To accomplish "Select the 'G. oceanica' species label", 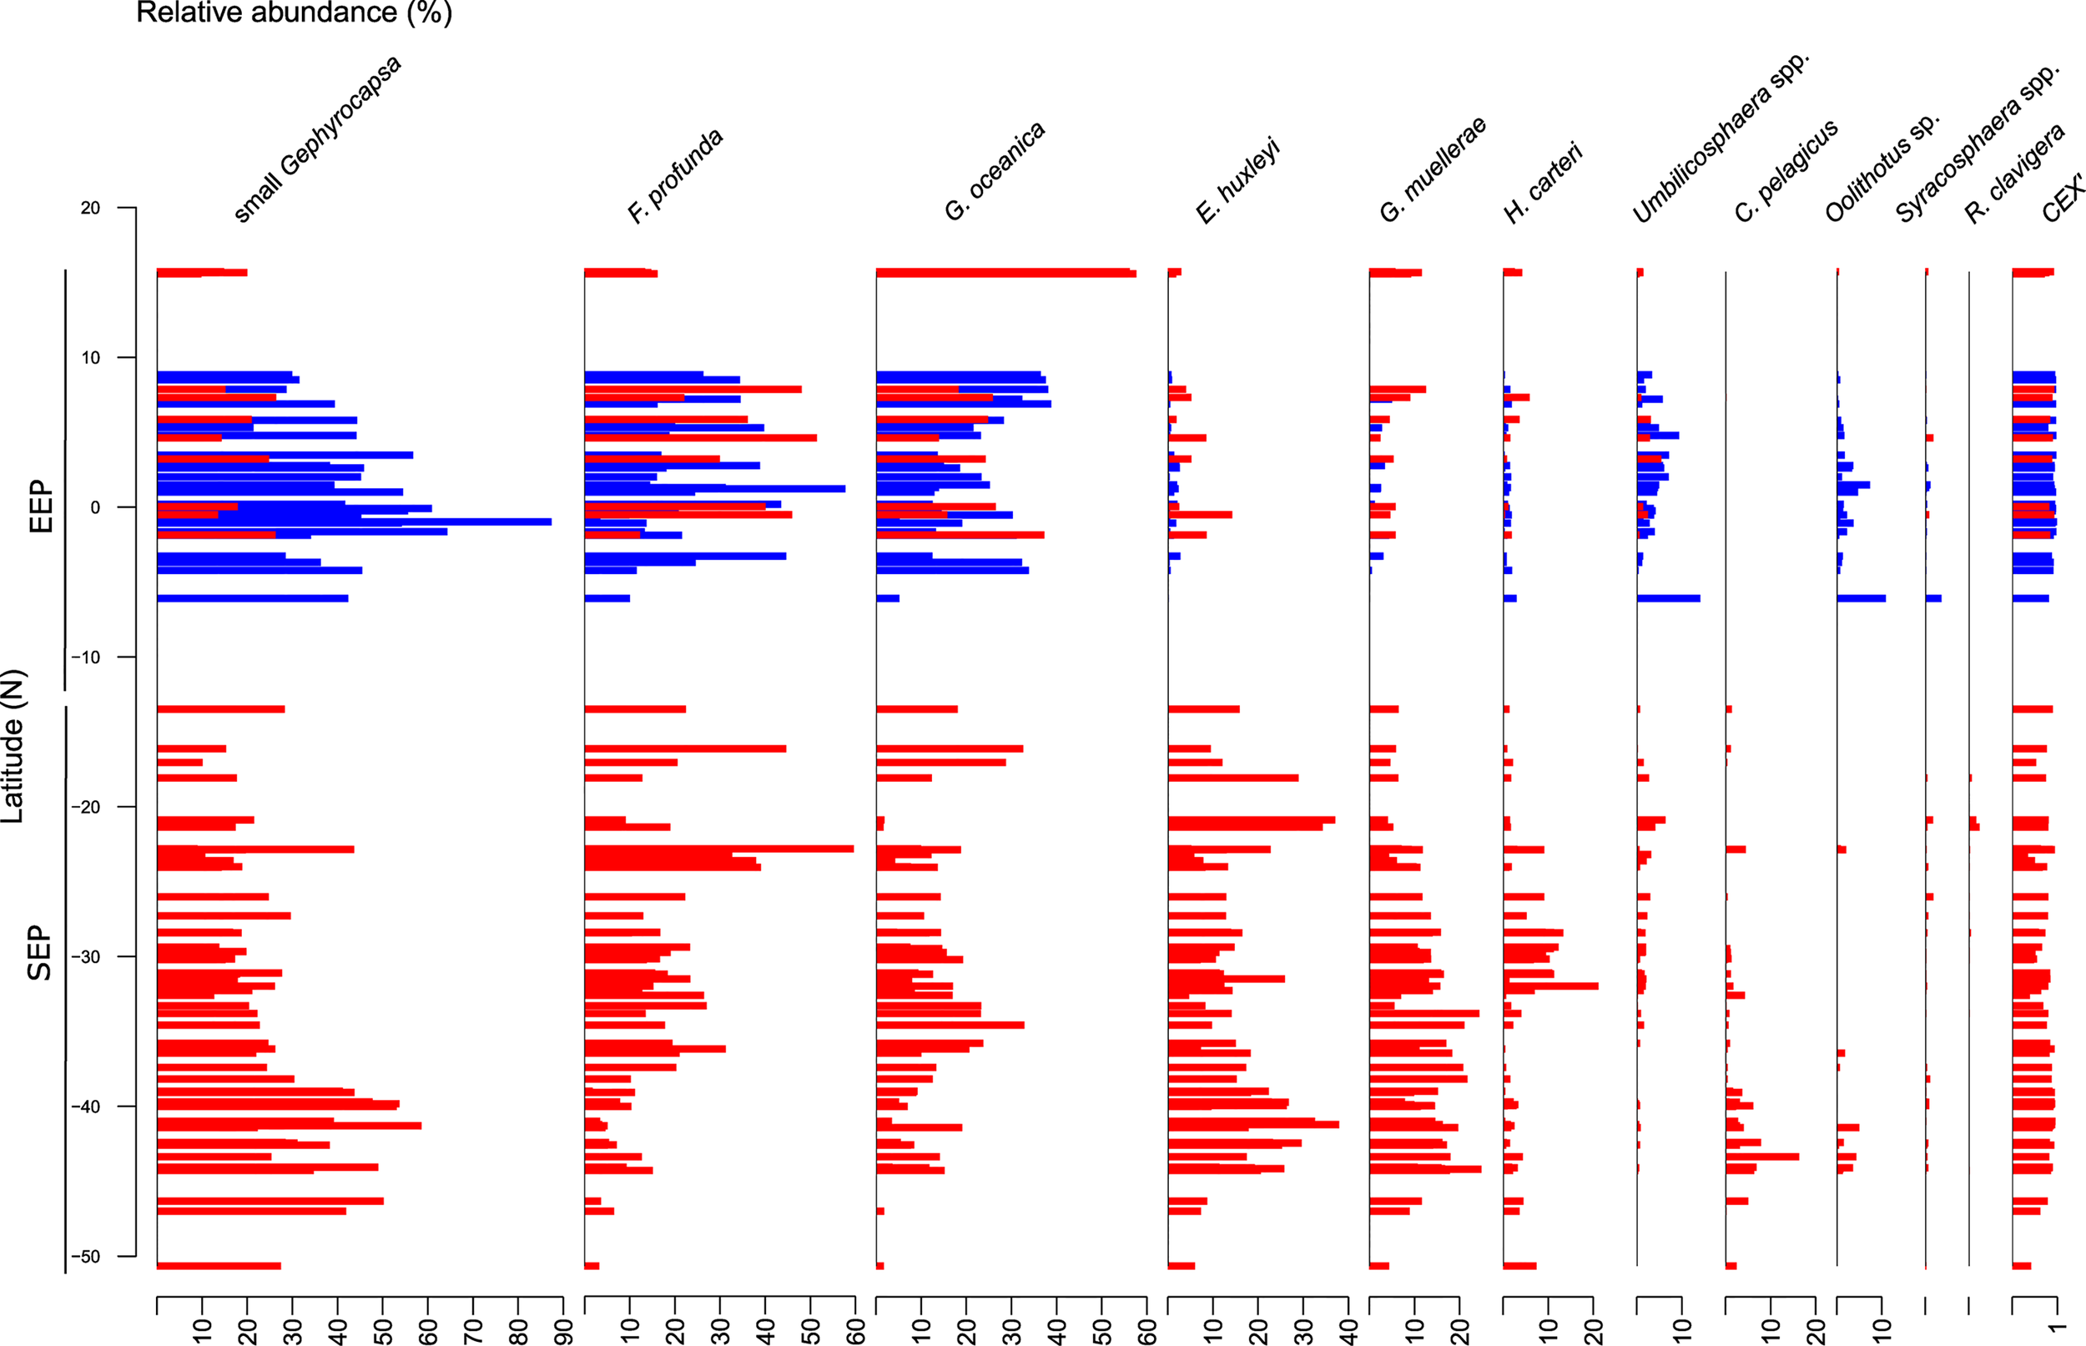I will [995, 171].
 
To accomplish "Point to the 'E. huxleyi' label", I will [1237, 181].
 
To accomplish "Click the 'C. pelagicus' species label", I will [1786, 171].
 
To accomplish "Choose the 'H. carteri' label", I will [1544, 184].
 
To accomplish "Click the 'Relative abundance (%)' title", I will [294, 13].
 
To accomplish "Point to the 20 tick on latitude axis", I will [90, 208].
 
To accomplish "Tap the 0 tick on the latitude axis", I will [95, 507].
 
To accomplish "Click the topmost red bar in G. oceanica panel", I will [1005, 273].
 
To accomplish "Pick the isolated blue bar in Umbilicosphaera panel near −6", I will [1668, 598].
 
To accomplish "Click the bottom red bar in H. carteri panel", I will [1519, 1266].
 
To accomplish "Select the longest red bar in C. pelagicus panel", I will [1761, 1157].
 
